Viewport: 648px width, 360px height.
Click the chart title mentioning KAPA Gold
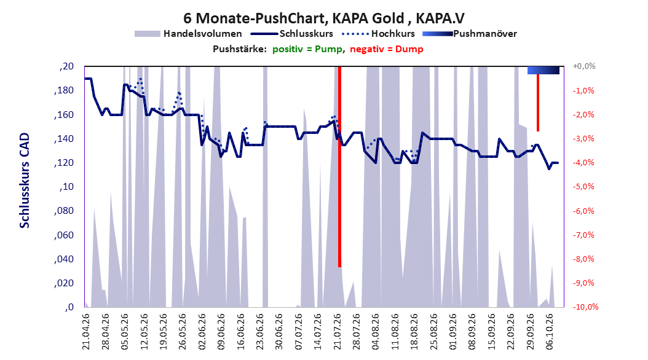pos(324,18)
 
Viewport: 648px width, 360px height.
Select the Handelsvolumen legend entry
pos(189,34)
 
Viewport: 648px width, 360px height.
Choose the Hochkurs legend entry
pos(379,34)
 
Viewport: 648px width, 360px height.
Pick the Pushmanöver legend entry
pos(470,34)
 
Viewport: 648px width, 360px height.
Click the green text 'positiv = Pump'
pos(307,49)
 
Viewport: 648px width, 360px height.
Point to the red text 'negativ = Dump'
pos(387,49)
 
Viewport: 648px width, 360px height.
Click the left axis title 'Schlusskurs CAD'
pos(25,181)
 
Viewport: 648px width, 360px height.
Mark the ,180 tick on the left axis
pos(64,90)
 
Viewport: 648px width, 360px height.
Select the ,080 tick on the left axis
pos(64,211)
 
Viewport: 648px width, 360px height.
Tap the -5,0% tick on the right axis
pos(583,187)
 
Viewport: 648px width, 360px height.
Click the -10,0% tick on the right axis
pos(585,307)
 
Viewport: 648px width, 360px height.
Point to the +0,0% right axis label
pos(584,66)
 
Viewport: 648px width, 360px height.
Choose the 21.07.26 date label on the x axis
pos(338,332)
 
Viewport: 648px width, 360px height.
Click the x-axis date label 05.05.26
pos(125,332)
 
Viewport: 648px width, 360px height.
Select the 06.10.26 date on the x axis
pos(550,332)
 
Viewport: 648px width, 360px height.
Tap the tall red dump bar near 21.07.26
pos(340,166)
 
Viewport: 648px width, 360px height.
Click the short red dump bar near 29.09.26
pos(538,103)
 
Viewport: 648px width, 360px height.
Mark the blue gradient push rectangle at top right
pos(543,70)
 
